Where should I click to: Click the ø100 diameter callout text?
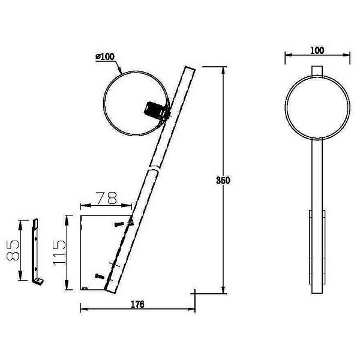[105, 57]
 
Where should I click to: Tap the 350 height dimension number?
[223, 181]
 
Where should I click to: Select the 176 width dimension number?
[137, 304]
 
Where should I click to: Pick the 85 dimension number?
[13, 250]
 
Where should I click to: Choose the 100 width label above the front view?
[317, 50]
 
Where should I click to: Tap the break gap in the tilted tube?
[154, 168]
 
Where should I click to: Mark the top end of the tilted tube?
[190, 68]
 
